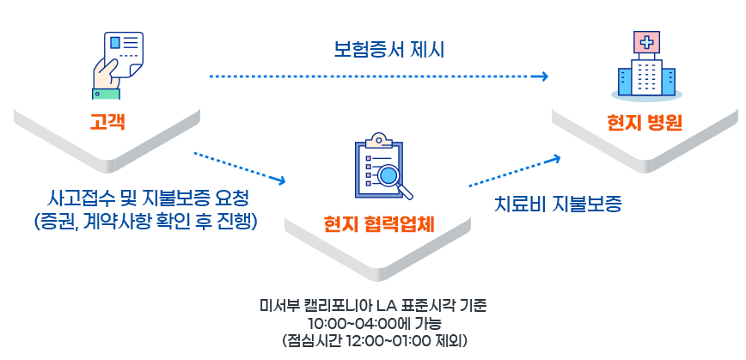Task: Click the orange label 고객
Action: (x=108, y=121)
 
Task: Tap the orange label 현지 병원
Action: (x=643, y=121)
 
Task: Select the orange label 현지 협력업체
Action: (x=379, y=224)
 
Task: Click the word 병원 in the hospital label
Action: (x=662, y=121)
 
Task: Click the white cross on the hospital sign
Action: (x=645, y=42)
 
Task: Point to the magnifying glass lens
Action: (x=386, y=176)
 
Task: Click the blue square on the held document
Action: (x=115, y=43)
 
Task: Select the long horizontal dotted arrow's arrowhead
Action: (x=544, y=76)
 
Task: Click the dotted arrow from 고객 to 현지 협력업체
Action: (x=240, y=168)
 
